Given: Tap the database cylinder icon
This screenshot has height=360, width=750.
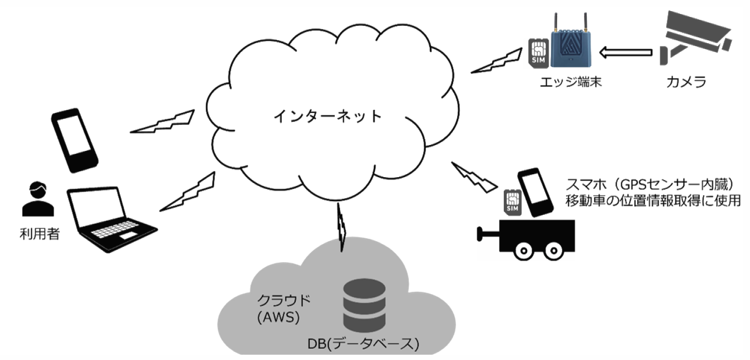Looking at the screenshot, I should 363,305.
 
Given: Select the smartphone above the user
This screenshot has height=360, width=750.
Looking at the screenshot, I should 73,142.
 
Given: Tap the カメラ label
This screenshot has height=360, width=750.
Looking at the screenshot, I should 687,82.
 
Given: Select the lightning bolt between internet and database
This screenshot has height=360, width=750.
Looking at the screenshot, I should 341,224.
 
